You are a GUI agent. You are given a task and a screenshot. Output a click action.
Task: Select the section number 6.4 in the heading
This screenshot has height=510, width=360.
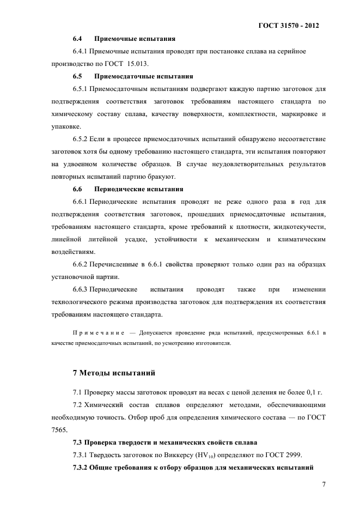pyautogui.click(x=77, y=39)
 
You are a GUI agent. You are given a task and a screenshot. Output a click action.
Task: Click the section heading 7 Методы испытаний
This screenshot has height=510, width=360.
pyautogui.click(x=114, y=373)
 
